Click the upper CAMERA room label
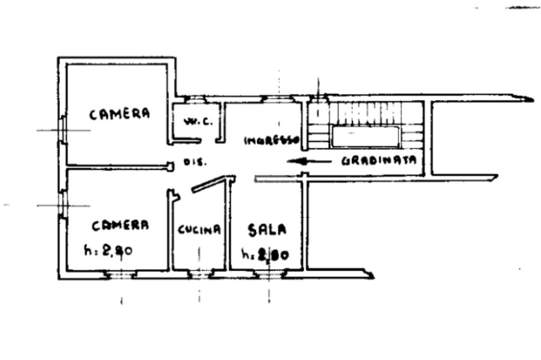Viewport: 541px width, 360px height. pyautogui.click(x=119, y=113)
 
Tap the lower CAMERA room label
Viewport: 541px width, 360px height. pyautogui.click(x=120, y=225)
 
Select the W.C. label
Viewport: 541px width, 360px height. pyautogui.click(x=198, y=121)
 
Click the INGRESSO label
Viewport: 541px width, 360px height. pyautogui.click(x=272, y=141)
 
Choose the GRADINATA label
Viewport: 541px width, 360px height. pyautogui.click(x=379, y=161)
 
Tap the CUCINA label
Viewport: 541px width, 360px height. pyautogui.click(x=199, y=230)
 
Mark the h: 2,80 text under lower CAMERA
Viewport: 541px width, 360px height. pyautogui.click(x=108, y=251)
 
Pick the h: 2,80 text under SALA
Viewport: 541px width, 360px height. pyautogui.click(x=265, y=254)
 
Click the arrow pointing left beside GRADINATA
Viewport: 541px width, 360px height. pyautogui.click(x=309, y=162)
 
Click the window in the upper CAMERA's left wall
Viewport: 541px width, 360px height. pyautogui.click(x=62, y=130)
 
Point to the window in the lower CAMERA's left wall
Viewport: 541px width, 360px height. pyautogui.click(x=62, y=205)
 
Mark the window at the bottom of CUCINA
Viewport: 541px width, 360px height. pyautogui.click(x=199, y=273)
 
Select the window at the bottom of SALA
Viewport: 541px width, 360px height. pyautogui.click(x=268, y=273)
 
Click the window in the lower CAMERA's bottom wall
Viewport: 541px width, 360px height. pyautogui.click(x=120, y=274)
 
